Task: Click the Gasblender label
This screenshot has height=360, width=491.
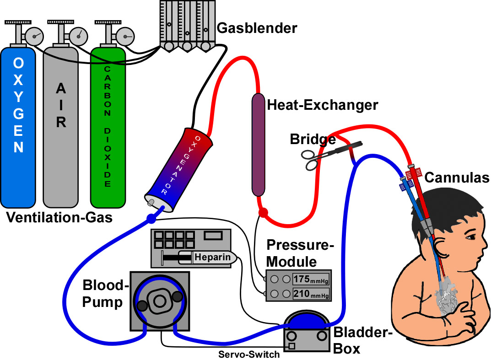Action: pyautogui.click(x=257, y=28)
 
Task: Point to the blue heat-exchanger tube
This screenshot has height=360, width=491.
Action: pyautogui.click(x=259, y=144)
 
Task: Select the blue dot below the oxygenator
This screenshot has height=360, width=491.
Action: pyautogui.click(x=151, y=218)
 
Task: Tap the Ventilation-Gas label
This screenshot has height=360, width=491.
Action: pyautogui.click(x=59, y=218)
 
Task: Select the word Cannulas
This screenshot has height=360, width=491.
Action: pyautogui.click(x=457, y=177)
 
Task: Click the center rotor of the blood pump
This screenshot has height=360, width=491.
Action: pyautogui.click(x=159, y=301)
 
